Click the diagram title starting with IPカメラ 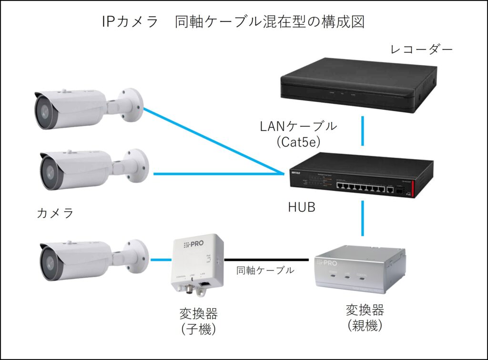coord(233,22)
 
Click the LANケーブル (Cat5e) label coord(298,133)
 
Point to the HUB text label coord(302,208)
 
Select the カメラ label coord(55,213)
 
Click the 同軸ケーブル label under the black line coord(265,270)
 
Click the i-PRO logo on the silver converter coord(339,263)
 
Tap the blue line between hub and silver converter coord(363,219)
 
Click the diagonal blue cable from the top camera coord(210,140)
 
